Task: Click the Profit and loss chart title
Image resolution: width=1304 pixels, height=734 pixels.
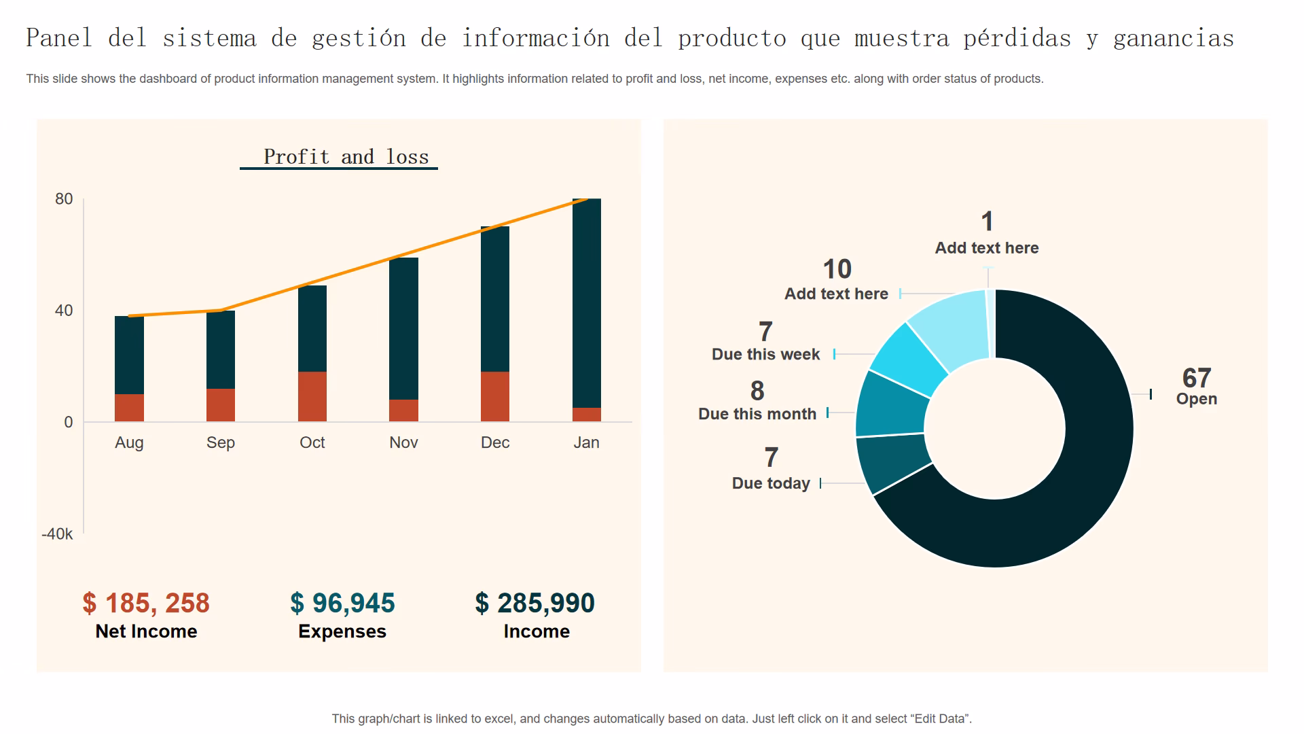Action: click(346, 157)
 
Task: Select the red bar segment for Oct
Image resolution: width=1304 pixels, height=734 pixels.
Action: click(312, 396)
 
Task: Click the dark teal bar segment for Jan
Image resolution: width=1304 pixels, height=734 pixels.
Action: click(587, 302)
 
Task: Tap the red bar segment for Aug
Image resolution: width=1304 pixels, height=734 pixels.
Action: click(129, 408)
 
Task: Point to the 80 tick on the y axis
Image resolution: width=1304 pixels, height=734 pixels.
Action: click(64, 199)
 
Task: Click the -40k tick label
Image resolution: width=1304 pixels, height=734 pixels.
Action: click(57, 534)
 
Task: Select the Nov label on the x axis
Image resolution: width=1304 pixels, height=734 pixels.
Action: click(403, 442)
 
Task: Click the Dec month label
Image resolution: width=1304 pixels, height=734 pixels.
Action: click(495, 442)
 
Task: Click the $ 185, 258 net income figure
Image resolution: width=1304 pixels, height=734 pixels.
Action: click(146, 603)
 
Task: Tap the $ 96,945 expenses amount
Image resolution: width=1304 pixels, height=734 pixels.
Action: click(342, 603)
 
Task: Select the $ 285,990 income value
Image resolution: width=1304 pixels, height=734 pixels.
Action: click(535, 603)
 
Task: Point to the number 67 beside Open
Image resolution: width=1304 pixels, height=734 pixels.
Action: click(1196, 378)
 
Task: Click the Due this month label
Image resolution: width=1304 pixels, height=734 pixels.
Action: click(757, 414)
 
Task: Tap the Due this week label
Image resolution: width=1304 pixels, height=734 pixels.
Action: click(765, 354)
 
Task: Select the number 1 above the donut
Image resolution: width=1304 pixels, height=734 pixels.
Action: click(987, 222)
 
